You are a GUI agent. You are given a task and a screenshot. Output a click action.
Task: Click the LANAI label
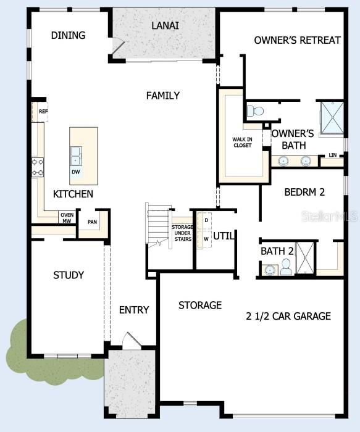(165, 25)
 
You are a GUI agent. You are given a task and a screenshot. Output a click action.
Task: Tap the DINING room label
(68, 35)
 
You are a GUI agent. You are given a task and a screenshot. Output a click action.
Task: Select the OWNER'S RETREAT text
(297, 40)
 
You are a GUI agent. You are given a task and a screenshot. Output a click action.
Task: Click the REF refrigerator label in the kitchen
(43, 111)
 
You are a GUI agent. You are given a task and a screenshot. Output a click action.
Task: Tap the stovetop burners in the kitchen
(38, 167)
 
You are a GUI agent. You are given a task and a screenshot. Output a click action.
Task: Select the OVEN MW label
(67, 217)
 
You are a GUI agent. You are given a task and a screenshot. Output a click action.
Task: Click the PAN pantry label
(92, 222)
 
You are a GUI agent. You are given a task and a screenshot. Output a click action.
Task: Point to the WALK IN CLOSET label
(242, 142)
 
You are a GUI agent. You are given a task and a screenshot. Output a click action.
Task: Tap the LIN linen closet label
(333, 155)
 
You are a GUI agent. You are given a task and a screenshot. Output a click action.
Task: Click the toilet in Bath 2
(286, 267)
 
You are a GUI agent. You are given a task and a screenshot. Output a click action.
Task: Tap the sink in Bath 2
(269, 270)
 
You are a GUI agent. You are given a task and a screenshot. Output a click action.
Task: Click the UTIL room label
(224, 235)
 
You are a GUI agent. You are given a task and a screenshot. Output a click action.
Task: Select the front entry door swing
(131, 340)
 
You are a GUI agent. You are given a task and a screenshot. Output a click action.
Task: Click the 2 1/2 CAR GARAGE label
(288, 316)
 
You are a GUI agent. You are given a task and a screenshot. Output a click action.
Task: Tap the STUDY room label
(68, 275)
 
